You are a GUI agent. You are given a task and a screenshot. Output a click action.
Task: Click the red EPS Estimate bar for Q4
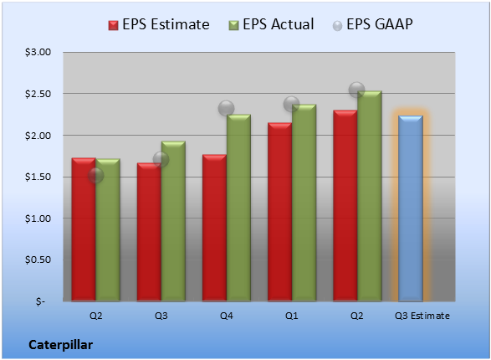click(x=214, y=228)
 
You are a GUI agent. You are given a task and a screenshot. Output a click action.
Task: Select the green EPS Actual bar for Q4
click(x=238, y=208)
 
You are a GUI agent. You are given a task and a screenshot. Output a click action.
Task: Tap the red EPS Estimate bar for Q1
click(x=279, y=212)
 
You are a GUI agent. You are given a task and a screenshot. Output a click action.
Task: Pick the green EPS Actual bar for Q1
click(x=304, y=203)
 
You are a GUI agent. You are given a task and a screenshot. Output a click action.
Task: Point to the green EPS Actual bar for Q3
click(x=173, y=221)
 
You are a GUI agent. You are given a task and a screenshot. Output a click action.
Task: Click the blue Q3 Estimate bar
click(x=411, y=208)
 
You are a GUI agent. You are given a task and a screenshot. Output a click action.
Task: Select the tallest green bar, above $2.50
click(x=370, y=196)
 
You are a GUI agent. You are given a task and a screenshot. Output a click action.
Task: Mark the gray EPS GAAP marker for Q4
click(x=226, y=108)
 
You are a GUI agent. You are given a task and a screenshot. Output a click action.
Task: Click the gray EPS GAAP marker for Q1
click(x=292, y=104)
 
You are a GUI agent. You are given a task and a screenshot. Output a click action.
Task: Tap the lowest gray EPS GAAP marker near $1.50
click(x=95, y=176)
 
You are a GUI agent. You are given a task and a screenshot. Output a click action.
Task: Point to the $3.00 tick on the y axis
click(x=38, y=52)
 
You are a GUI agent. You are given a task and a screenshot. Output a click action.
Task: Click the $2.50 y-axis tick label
click(x=38, y=94)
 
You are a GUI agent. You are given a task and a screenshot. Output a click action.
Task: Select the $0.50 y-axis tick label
click(x=38, y=260)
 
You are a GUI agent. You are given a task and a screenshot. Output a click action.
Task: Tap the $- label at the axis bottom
click(x=40, y=301)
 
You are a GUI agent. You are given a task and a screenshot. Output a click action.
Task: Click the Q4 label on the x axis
click(x=227, y=316)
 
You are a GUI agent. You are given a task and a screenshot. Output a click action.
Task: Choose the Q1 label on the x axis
click(x=292, y=316)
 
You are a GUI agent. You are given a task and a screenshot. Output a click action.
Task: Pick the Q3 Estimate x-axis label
click(x=422, y=316)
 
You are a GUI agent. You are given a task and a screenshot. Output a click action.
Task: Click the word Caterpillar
click(x=61, y=345)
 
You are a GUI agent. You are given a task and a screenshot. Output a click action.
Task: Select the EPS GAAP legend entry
click(x=372, y=24)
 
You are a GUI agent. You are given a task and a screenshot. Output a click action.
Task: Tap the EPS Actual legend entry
click(x=271, y=24)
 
